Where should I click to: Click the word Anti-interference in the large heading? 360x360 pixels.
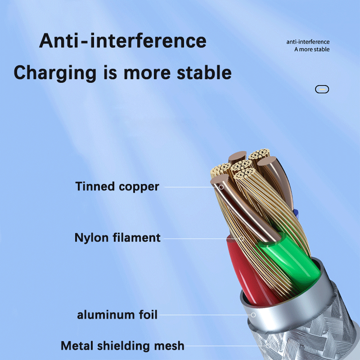[122, 41]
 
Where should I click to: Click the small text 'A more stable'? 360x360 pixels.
[312, 49]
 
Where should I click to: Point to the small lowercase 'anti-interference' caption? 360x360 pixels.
[308, 42]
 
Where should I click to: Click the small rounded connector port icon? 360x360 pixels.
[322, 89]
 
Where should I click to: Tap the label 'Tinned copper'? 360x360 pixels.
[117, 186]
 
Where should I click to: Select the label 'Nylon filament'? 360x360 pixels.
[117, 237]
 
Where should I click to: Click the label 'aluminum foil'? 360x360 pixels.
[117, 315]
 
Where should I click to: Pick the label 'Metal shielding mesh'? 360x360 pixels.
[122, 346]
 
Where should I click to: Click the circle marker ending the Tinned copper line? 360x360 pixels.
[220, 186]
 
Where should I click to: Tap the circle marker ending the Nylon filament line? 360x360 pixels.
[241, 238]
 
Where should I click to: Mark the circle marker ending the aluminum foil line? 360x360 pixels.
[253, 315]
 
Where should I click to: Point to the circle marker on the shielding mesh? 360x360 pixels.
[268, 346]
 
